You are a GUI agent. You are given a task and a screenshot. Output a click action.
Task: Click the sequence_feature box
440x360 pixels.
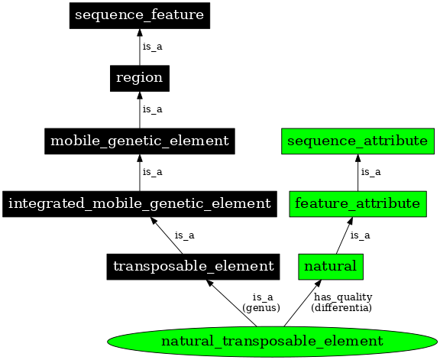[139, 15]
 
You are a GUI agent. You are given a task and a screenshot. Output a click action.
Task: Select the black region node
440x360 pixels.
[139, 78]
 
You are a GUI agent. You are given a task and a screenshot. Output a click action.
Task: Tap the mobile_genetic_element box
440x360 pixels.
[139, 141]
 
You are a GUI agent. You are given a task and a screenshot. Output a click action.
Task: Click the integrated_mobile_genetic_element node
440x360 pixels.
[139, 203]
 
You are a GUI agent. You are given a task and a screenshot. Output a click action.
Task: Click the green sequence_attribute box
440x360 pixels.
[357, 141]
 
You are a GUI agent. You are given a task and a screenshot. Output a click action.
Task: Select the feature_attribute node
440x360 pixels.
[357, 203]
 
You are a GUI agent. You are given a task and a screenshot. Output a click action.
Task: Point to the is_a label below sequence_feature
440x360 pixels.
[153, 47]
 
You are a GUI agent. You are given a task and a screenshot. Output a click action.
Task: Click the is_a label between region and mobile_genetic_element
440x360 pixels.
[153, 109]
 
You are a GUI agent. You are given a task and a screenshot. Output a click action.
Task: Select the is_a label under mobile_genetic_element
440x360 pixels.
[153, 172]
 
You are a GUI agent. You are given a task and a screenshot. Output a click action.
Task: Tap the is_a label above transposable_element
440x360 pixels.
[184, 235]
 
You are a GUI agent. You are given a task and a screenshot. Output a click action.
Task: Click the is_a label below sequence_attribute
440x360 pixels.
[371, 172]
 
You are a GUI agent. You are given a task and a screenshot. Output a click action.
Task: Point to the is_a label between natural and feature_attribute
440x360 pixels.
[360, 235]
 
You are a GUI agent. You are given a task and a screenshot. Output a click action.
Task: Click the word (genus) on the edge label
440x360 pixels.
[261, 307]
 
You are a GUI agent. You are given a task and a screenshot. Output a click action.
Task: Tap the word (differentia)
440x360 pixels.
[341, 307]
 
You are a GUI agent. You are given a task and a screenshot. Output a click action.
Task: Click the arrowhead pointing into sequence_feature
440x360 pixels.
[139, 34]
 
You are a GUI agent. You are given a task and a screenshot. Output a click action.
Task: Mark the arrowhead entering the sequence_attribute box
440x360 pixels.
[357, 159]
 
